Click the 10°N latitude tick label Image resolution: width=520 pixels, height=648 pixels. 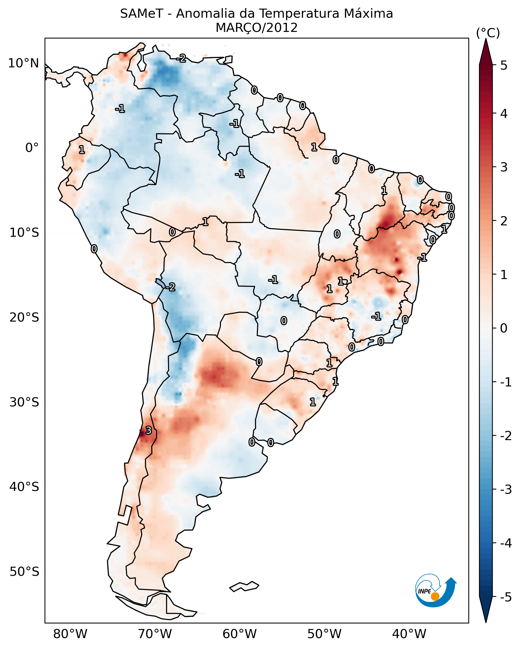[x=24, y=63]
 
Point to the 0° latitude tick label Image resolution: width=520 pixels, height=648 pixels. [x=32, y=148]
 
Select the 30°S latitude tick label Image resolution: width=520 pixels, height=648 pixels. [x=24, y=402]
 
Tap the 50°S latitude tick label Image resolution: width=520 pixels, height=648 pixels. [x=24, y=572]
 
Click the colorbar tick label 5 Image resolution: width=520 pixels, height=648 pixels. [x=504, y=65]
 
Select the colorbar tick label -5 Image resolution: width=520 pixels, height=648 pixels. [x=506, y=597]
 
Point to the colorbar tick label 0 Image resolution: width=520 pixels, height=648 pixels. [x=504, y=328]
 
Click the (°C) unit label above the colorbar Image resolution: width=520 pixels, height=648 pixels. [x=488, y=33]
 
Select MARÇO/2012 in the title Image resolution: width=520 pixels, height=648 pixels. [x=256, y=28]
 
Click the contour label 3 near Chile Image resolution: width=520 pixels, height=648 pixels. [x=148, y=430]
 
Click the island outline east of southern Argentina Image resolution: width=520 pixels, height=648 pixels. [x=244, y=586]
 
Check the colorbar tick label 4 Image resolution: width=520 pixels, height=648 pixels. [x=504, y=114]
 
